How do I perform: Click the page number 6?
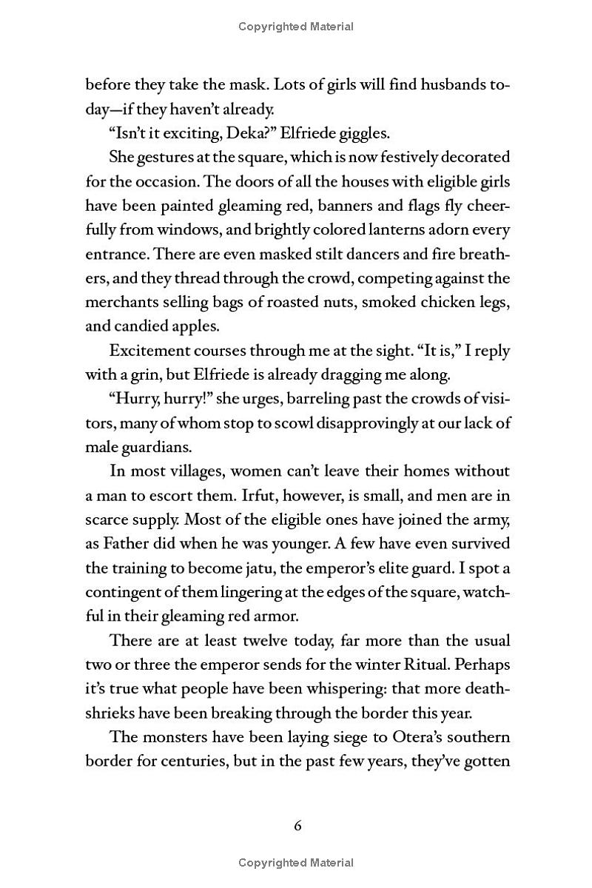297,827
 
